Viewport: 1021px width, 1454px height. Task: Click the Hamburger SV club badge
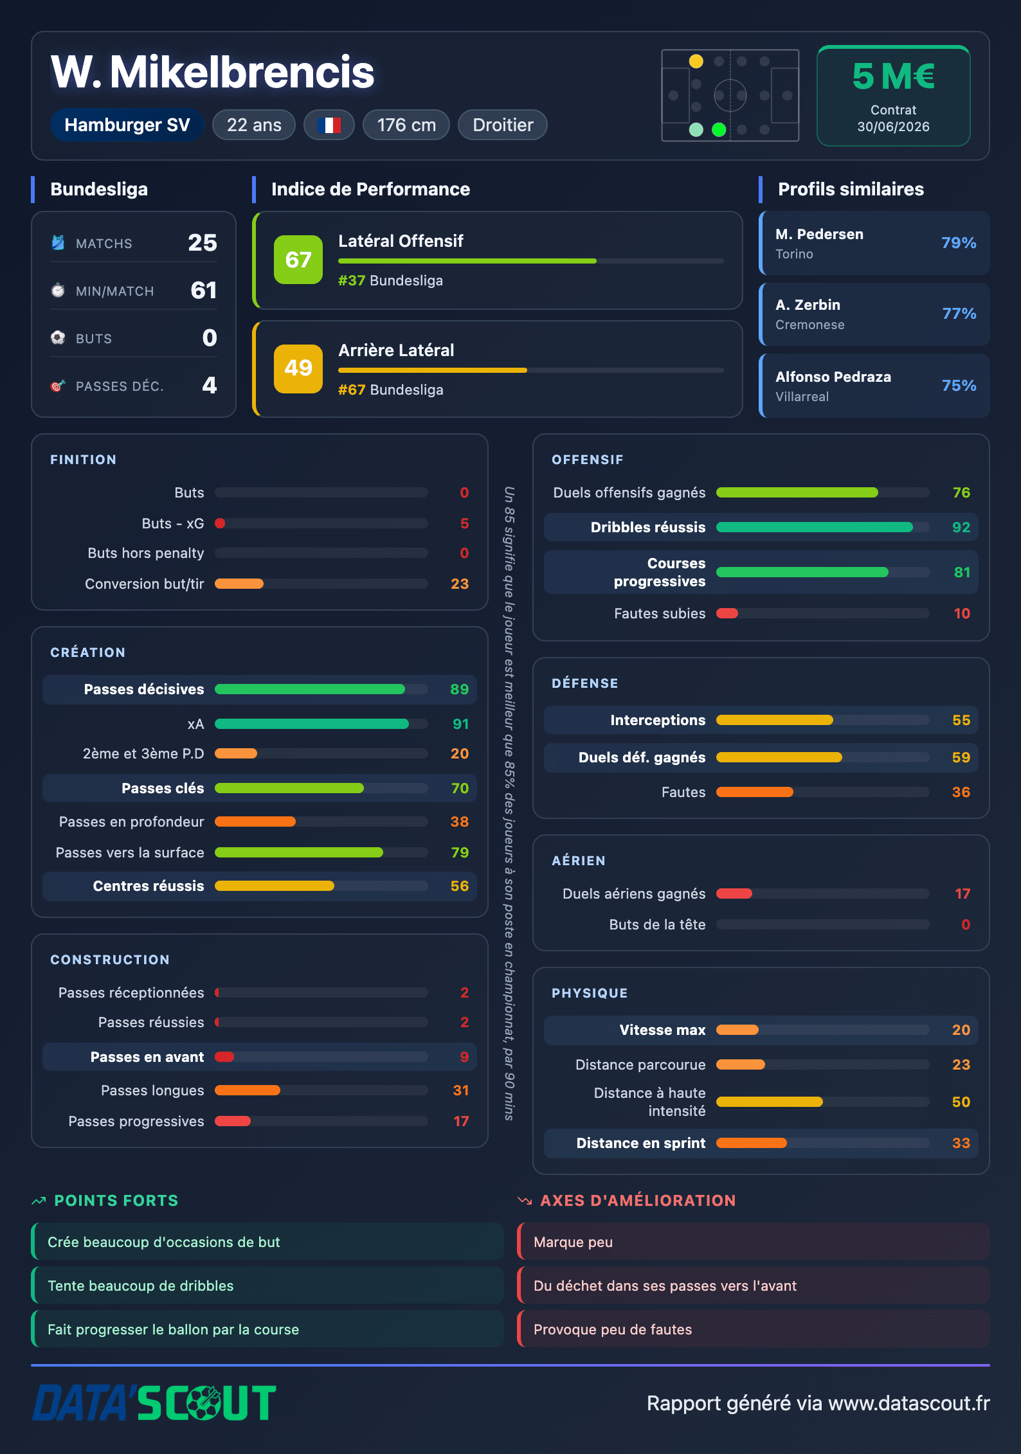point(127,125)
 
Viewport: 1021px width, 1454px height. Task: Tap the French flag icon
point(329,125)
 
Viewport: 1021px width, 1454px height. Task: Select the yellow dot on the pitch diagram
point(696,61)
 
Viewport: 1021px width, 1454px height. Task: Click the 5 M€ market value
point(893,76)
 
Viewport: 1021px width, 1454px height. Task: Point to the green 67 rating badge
point(298,260)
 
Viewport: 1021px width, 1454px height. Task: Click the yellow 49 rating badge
point(298,369)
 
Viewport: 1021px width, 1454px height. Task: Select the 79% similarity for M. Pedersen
point(959,243)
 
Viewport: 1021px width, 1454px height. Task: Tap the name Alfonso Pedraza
point(833,377)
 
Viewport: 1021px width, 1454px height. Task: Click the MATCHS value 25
point(203,243)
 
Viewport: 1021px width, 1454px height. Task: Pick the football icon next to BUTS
point(58,337)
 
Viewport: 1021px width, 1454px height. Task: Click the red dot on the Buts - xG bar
point(220,523)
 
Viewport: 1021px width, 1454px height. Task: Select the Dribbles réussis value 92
point(961,527)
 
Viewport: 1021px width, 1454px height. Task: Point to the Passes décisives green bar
point(310,689)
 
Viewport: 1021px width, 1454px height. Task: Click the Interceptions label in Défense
point(658,720)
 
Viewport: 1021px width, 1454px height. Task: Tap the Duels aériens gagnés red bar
point(734,893)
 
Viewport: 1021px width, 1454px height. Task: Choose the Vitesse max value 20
point(961,1030)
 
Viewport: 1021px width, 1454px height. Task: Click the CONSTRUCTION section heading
point(110,960)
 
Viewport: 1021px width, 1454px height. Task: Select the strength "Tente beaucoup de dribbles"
point(141,1286)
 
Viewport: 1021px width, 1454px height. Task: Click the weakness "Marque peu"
point(573,1242)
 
